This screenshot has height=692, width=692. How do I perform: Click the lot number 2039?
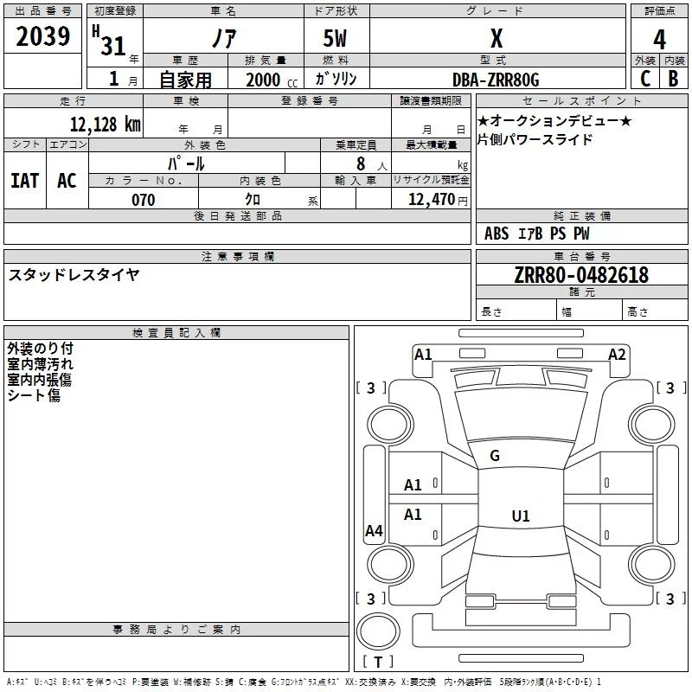tap(42, 36)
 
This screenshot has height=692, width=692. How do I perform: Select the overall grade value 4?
tap(659, 40)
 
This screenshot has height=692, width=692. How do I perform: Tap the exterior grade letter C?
tap(645, 79)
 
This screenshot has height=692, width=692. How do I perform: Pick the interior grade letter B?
tap(673, 79)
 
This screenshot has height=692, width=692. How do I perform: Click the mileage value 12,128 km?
tap(105, 124)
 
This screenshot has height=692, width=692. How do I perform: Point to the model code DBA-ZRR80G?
tap(496, 80)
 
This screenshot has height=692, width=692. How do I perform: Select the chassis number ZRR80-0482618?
tap(581, 274)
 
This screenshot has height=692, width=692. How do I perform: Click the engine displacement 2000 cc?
tap(272, 80)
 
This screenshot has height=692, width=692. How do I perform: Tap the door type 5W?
tap(335, 38)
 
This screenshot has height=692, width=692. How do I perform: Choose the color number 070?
tap(144, 200)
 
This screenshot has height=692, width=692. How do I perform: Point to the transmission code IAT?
tap(25, 181)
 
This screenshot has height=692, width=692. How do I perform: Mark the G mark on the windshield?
tap(495, 456)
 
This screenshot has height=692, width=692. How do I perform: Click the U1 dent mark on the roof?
tap(521, 516)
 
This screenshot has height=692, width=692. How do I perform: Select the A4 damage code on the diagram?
tap(374, 530)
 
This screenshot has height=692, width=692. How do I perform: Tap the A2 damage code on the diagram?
tap(617, 355)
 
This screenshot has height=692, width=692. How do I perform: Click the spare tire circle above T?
tap(378, 631)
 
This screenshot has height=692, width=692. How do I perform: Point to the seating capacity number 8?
tap(361, 163)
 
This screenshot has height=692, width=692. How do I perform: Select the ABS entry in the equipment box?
tap(497, 234)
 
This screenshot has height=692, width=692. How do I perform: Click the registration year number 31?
tap(113, 46)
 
